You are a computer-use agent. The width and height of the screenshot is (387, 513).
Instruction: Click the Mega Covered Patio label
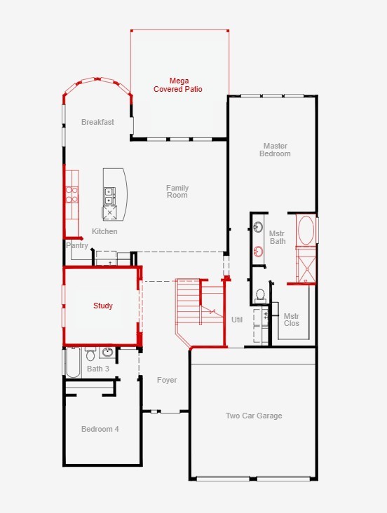tap(178, 85)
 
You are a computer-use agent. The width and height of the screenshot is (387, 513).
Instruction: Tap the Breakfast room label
tap(97, 122)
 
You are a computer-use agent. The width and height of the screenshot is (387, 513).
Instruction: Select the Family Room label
tap(177, 191)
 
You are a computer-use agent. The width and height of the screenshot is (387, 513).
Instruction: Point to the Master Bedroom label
tap(275, 150)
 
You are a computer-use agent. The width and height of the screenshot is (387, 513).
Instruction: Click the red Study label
tap(103, 306)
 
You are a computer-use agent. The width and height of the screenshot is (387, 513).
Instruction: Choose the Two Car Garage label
tap(254, 416)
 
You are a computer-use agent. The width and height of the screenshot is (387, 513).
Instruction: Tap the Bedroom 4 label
tap(100, 429)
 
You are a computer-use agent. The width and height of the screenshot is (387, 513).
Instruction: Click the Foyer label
tap(167, 380)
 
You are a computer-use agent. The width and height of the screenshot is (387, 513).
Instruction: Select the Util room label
tap(237, 320)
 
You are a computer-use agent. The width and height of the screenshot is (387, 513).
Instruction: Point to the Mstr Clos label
tap(292, 320)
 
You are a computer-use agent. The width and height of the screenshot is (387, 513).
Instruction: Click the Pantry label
tap(77, 245)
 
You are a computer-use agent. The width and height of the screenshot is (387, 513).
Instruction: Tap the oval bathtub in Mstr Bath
tap(306, 230)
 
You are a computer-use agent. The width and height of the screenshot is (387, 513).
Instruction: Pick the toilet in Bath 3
tap(90, 355)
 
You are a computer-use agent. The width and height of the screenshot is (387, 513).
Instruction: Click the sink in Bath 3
tap(107, 353)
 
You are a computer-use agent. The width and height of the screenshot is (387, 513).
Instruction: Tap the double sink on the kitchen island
tap(109, 196)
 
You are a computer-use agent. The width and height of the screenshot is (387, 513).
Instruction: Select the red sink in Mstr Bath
tap(259, 252)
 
